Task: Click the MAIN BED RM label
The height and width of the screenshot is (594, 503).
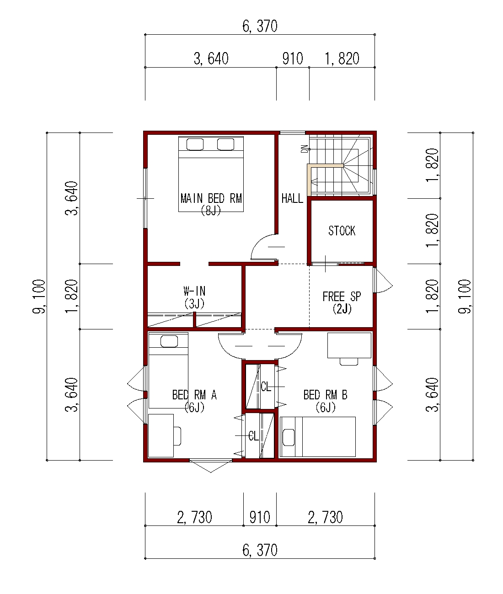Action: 211,198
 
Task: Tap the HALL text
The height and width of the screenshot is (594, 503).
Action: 292,198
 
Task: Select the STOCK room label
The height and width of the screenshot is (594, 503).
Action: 342,230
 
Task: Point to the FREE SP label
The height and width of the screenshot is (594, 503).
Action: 342,296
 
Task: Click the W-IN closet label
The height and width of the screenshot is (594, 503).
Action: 194,291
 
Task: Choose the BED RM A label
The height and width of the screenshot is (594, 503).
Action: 194,395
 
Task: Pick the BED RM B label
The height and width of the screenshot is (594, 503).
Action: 325,395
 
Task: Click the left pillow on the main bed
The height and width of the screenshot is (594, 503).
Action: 195,144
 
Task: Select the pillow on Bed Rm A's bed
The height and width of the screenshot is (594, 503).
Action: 169,341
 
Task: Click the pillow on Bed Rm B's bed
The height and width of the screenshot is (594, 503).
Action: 289,437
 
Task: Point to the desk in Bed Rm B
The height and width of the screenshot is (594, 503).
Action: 349,345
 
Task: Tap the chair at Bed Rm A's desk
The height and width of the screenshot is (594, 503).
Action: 177,436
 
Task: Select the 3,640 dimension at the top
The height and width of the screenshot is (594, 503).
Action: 211,58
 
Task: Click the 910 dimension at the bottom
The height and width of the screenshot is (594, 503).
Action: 260,517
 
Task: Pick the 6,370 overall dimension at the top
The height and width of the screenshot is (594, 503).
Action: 260,26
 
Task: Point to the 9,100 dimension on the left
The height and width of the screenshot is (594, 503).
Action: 39,296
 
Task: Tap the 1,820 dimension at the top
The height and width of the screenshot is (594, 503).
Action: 342,58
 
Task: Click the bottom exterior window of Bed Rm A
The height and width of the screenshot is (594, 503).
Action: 211,461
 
